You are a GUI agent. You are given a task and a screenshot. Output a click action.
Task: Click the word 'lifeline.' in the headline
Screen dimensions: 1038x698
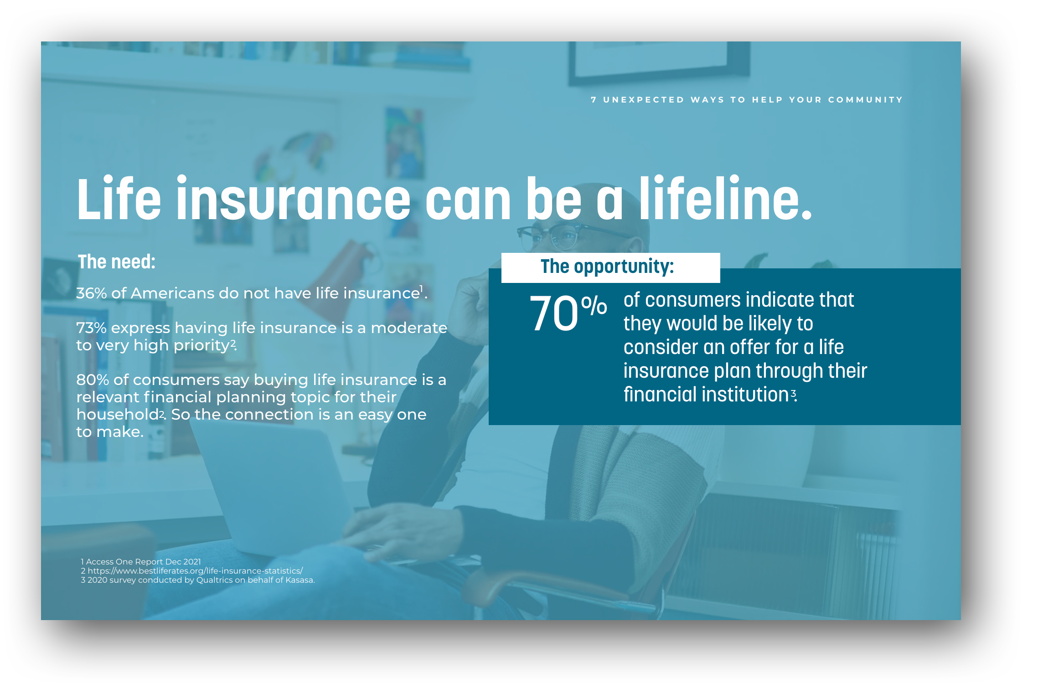(725, 198)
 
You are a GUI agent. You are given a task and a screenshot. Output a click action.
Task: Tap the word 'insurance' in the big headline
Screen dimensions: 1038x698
(294, 198)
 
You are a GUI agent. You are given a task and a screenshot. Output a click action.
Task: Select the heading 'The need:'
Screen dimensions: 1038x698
(117, 262)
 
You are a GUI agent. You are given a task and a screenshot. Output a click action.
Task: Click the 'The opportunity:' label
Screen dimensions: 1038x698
(607, 267)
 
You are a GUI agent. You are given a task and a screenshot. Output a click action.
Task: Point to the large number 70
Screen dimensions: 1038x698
(553, 313)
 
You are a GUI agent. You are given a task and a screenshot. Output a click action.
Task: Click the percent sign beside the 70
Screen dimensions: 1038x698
(594, 305)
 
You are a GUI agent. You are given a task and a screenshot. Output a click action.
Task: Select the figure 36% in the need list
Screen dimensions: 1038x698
(91, 293)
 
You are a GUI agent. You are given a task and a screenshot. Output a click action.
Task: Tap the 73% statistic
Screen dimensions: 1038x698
(91, 328)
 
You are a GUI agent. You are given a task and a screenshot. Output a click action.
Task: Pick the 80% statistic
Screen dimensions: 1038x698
(93, 380)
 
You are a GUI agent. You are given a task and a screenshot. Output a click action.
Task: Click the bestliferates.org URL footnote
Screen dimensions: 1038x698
(195, 571)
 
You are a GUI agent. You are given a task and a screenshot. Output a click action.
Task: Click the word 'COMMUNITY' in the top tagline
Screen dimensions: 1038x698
(865, 100)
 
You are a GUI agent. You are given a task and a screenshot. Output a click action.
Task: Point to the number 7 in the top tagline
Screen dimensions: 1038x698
(594, 100)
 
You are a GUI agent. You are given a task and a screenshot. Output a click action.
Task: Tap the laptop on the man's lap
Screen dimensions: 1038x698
(274, 492)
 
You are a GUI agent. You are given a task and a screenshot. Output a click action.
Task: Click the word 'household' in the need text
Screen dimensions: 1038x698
(117, 414)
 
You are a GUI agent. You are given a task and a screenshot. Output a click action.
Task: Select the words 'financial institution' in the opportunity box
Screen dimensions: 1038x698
(706, 394)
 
